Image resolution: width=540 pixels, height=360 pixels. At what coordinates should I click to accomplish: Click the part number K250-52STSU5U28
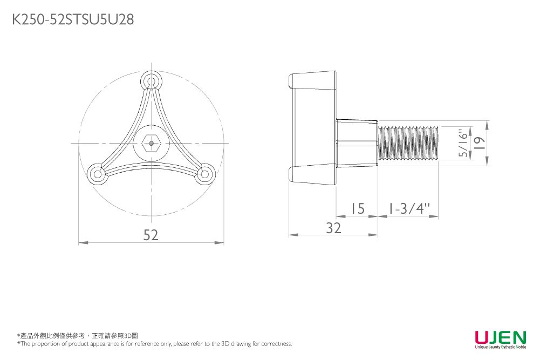coord(73,19)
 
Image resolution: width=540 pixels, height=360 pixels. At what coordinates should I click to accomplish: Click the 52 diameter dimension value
coord(151,235)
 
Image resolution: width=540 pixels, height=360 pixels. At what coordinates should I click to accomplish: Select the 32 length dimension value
coord(333,228)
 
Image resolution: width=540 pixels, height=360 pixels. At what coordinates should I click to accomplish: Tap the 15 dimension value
coord(358,208)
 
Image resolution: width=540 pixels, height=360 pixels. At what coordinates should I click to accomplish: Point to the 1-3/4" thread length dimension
coord(409,208)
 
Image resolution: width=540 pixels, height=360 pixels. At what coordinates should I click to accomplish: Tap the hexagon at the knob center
coord(151,143)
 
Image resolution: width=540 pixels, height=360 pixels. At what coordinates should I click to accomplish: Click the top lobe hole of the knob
coord(151,81)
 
